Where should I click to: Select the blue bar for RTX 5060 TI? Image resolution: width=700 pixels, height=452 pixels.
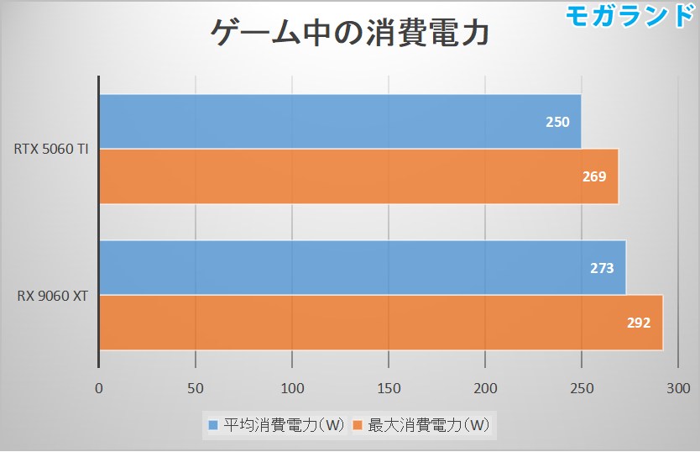pyautogui.click(x=340, y=122)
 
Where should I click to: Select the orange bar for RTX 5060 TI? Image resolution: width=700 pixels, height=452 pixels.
pyautogui.click(x=358, y=176)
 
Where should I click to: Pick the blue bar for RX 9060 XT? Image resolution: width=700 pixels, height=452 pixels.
pyautogui.click(x=362, y=268)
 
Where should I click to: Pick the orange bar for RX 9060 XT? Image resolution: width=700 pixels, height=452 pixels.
pyautogui.click(x=380, y=323)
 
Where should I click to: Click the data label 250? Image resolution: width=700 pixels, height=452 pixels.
pyautogui.click(x=557, y=122)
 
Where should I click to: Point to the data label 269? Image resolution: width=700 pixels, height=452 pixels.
pyautogui.click(x=593, y=176)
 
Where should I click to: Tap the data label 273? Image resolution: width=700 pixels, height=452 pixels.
pyautogui.click(x=602, y=269)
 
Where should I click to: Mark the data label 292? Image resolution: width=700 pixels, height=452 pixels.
pyautogui.click(x=638, y=323)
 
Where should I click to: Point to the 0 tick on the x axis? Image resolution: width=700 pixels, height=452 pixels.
pyautogui.click(x=99, y=388)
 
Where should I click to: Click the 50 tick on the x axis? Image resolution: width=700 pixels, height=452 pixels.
pyautogui.click(x=196, y=388)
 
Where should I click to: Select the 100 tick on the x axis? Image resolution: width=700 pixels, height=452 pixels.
pyautogui.click(x=292, y=388)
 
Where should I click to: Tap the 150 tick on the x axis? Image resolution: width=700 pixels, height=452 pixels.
pyautogui.click(x=389, y=388)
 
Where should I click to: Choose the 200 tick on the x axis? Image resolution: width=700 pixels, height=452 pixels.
pyautogui.click(x=485, y=388)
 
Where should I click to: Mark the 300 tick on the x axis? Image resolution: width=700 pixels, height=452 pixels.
pyautogui.click(x=676, y=388)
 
